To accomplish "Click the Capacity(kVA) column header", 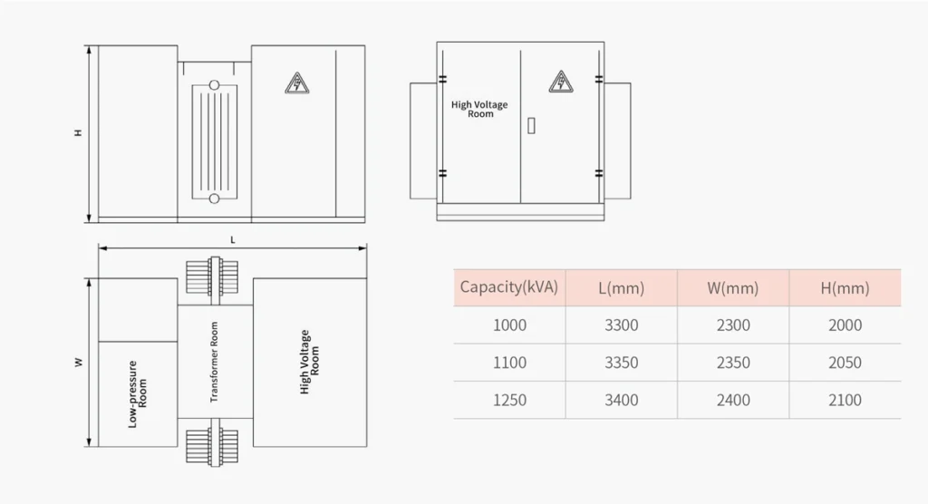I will coord(509,288).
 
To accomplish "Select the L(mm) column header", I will coord(621,288).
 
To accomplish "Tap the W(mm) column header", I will coord(732,288).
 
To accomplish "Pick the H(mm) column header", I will coord(845,288).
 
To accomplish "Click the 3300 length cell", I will coord(621,325).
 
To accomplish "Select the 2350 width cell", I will coord(733,363).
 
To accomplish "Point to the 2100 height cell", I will coord(845,400).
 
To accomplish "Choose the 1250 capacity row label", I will coord(509,400).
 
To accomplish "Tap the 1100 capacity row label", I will coord(509,363).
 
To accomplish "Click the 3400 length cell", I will coord(621,400).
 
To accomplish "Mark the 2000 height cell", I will coord(845,325).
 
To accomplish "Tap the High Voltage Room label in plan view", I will coord(310,362).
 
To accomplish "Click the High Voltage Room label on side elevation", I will coord(479,110).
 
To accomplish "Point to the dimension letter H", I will coord(79,133).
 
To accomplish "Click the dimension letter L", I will coord(233,239).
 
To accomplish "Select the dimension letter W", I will coord(79,363).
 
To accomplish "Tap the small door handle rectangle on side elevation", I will coord(531,126).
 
